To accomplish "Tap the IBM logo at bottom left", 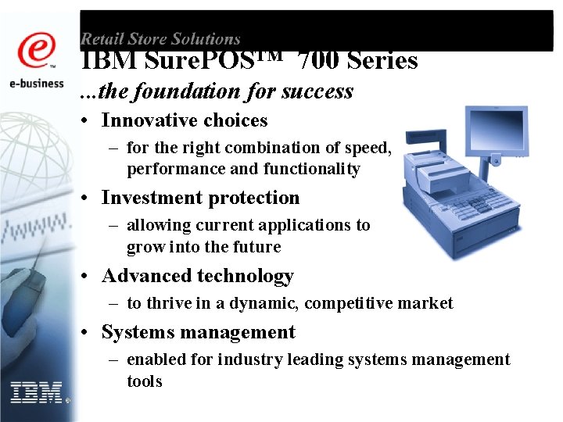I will (37, 392).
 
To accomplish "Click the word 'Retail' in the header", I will (100, 38).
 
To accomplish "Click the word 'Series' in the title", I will (382, 61).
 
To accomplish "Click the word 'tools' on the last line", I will (145, 381).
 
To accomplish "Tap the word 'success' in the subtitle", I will (317, 91).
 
